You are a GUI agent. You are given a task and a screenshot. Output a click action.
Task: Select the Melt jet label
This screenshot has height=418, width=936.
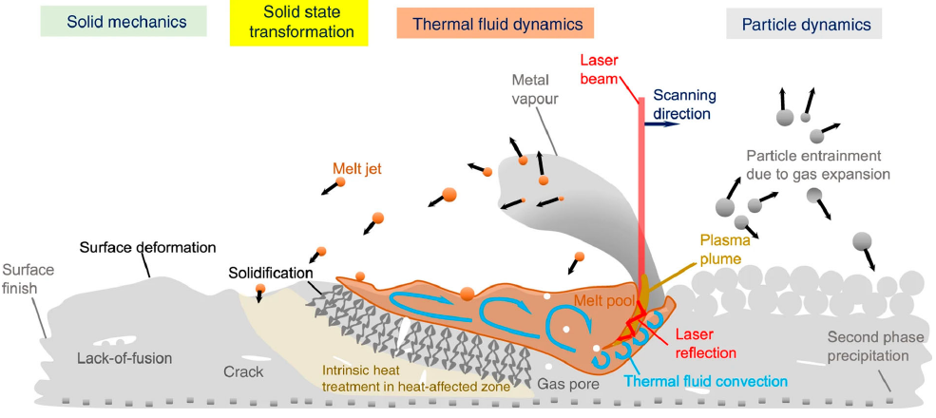pos(356,169)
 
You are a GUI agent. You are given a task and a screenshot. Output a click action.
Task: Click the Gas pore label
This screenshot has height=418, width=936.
pos(567,384)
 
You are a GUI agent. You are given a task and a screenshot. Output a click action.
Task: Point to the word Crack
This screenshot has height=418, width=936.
pos(243,371)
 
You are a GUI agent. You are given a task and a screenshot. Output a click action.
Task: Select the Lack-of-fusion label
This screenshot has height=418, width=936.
pos(124,358)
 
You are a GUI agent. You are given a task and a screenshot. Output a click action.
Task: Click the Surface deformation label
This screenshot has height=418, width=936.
pos(148,246)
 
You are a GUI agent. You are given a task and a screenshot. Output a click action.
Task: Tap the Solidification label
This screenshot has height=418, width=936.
pos(271,273)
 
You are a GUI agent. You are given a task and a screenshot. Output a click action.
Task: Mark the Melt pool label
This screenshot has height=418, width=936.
pos(602,302)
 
